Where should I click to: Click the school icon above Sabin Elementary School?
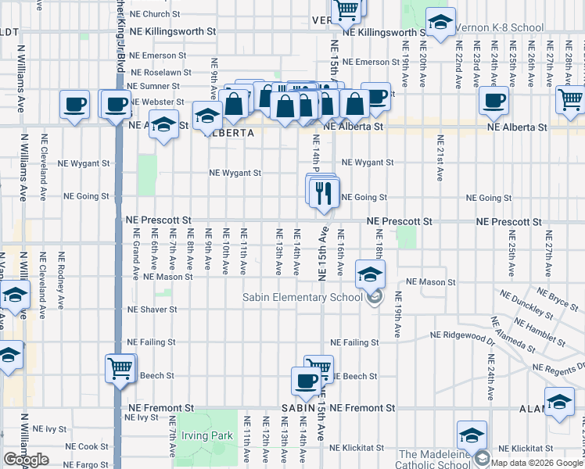click(x=370, y=274)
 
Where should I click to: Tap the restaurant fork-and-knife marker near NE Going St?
click(x=324, y=192)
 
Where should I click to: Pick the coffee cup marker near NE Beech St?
click(x=305, y=381)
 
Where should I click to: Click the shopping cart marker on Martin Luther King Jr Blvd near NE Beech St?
click(x=120, y=368)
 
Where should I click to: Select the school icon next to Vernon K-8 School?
click(x=440, y=23)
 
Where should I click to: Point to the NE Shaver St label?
click(x=153, y=310)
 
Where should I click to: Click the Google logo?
click(x=26, y=460)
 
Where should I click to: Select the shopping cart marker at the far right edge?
click(x=570, y=100)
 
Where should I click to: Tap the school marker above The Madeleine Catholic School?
click(x=472, y=435)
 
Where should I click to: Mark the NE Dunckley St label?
click(x=537, y=312)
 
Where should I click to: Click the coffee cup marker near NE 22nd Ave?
click(x=493, y=100)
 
